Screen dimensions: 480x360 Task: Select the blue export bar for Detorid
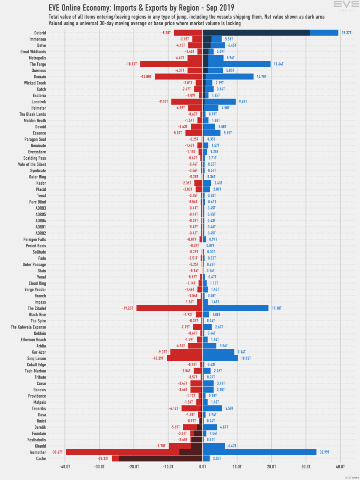(324, 33)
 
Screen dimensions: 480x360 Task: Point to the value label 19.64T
(278, 64)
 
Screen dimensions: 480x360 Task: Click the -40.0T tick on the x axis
(65, 466)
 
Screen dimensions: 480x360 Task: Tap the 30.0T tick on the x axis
(306, 466)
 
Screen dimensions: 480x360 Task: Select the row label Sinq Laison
(35, 358)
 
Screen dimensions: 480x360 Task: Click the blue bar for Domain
(230, 76)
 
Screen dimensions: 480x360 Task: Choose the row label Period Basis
(36, 246)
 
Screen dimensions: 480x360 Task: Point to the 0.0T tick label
(203, 466)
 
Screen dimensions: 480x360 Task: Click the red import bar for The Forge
(172, 64)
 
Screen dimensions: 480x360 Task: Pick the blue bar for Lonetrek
(220, 102)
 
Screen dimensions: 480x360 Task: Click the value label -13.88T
(145, 76)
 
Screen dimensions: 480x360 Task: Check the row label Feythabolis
(35, 440)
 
